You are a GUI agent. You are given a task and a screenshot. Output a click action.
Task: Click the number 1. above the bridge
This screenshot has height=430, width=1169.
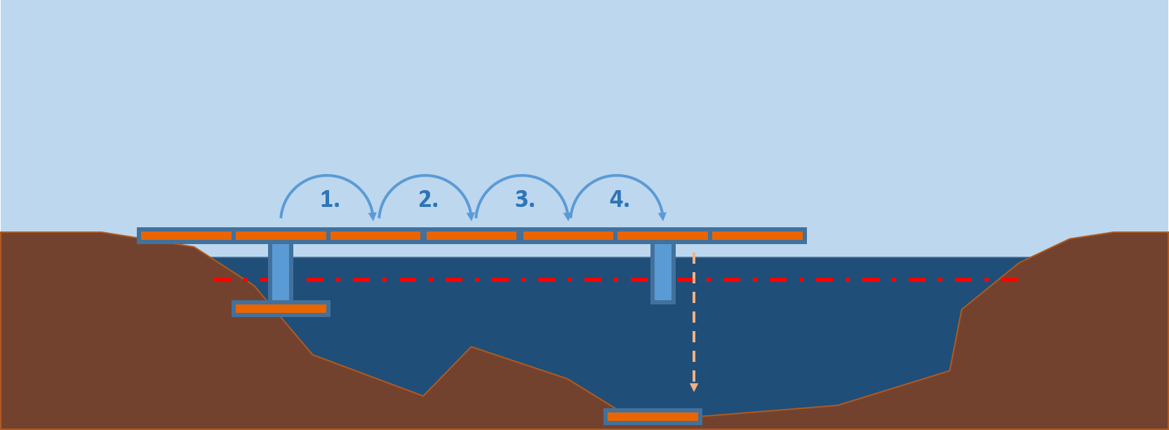(x=330, y=200)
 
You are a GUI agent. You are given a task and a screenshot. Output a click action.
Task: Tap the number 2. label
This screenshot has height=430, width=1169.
(x=428, y=200)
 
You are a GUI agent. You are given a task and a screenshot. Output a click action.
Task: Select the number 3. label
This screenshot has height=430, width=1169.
(x=525, y=200)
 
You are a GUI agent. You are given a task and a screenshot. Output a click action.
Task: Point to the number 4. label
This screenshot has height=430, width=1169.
(x=619, y=200)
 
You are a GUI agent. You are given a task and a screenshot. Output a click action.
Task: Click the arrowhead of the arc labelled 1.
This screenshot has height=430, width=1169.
(x=373, y=217)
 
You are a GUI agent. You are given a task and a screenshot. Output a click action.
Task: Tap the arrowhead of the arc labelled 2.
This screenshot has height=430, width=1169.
(x=471, y=217)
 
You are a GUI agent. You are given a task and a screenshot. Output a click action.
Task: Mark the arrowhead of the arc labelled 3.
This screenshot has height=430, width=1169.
(x=568, y=217)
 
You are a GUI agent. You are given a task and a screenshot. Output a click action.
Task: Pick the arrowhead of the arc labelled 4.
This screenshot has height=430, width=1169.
(x=662, y=217)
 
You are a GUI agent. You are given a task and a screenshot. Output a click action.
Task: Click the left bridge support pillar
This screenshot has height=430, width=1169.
(x=281, y=271)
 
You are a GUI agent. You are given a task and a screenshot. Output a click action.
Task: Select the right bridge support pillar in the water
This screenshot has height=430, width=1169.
(x=663, y=272)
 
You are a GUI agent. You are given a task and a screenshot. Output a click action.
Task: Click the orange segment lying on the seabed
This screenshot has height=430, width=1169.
(x=653, y=417)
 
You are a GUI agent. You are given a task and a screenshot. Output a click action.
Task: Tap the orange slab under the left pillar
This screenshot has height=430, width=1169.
(x=281, y=309)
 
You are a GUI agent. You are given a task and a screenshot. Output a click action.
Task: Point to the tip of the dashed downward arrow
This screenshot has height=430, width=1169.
(x=694, y=388)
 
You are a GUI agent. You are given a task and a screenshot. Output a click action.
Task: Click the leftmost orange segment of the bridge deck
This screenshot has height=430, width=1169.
(x=186, y=236)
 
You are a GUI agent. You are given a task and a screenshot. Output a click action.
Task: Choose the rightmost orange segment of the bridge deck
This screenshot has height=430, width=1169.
(x=758, y=236)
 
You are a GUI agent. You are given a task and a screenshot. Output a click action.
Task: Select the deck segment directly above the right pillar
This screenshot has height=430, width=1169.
(x=662, y=236)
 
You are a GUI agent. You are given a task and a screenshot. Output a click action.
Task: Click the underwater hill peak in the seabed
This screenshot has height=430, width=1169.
(x=471, y=348)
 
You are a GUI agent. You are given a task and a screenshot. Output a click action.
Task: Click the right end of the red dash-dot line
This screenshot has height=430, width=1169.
(x=1017, y=279)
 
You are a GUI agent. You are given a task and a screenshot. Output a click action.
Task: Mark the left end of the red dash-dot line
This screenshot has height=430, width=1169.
(x=217, y=279)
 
